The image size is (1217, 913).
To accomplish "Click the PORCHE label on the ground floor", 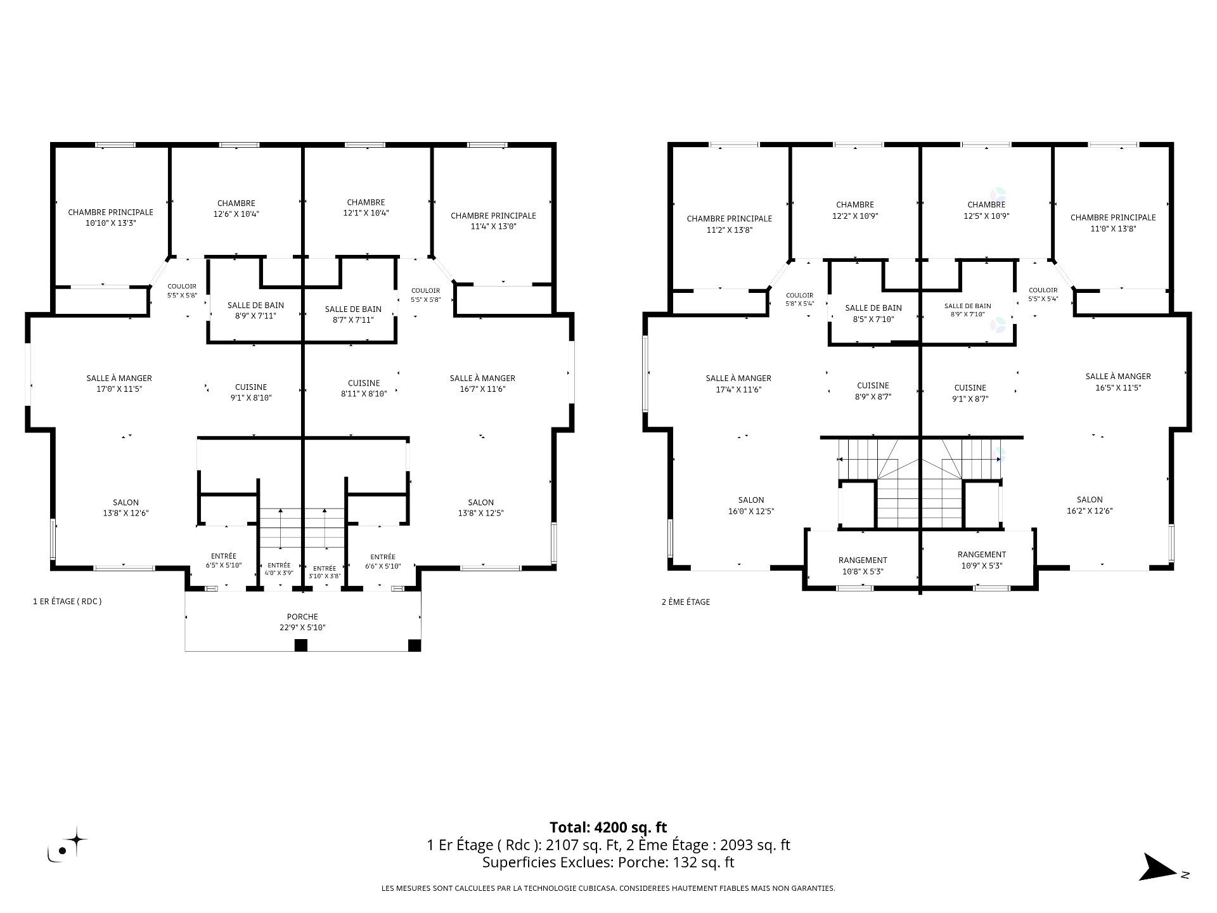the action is point(302,616).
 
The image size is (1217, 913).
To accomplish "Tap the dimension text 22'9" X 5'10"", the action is point(302,628).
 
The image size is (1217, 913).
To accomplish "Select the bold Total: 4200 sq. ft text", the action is point(608,827).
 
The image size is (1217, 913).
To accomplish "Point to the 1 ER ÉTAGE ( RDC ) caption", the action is point(67,602).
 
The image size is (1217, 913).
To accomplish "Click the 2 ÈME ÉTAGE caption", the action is point(686,602).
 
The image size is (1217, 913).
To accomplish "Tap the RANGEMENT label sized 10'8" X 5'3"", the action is point(863,560).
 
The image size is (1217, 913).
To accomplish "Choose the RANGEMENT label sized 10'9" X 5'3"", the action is point(982,555).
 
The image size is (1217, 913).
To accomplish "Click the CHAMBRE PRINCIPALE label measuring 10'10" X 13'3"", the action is point(111,212).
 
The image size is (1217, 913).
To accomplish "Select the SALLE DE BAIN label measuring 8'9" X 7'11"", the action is point(255,306).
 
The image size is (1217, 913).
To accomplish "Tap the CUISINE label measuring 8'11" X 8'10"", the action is point(364,383).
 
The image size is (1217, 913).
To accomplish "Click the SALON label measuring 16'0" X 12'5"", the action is point(751,500).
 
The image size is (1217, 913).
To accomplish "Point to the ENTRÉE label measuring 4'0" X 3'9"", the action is point(279,566).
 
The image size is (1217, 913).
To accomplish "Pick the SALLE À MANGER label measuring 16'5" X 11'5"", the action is point(1118,377).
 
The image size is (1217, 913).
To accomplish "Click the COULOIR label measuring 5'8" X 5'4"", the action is point(799,295).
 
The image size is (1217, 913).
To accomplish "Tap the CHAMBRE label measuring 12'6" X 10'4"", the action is point(236,204).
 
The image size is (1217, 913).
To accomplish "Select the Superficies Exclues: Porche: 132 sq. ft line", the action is point(608,862).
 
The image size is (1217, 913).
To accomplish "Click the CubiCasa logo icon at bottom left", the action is point(67,845).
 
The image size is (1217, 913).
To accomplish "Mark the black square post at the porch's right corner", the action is point(414,645).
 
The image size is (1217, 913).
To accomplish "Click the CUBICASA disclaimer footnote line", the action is point(608,888).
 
